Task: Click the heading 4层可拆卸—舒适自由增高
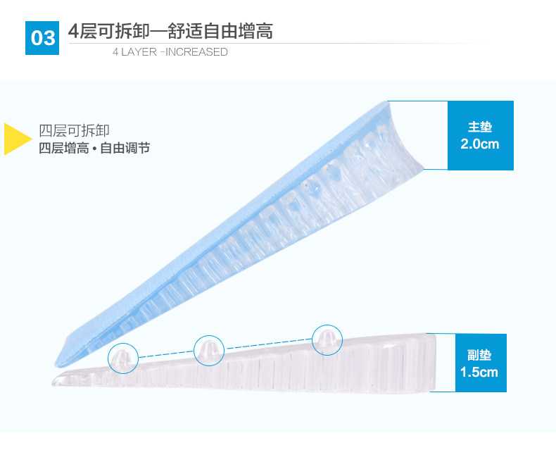click(x=170, y=32)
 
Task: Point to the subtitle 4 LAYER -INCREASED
click(x=170, y=52)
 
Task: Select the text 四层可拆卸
click(x=74, y=130)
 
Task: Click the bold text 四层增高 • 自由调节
click(x=94, y=149)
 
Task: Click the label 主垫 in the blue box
click(x=480, y=127)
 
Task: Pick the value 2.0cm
click(x=480, y=144)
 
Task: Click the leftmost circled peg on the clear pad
click(x=122, y=357)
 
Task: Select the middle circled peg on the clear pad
click(x=208, y=349)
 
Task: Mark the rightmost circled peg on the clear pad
click(x=326, y=339)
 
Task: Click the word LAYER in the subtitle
click(x=139, y=52)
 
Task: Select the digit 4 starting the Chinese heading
click(x=72, y=32)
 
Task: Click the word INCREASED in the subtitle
click(x=196, y=52)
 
